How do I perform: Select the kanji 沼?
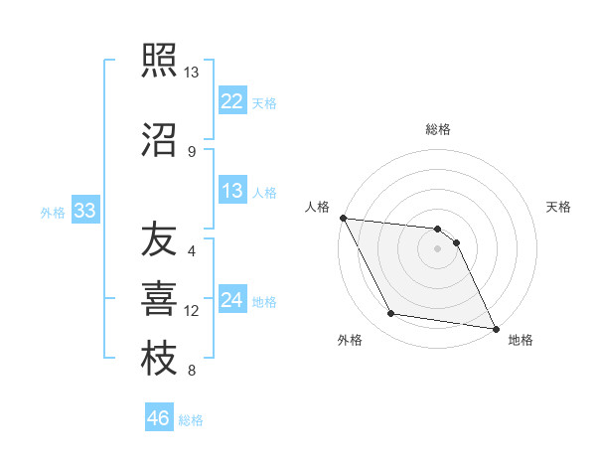(x=159, y=138)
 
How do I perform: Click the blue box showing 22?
(x=232, y=101)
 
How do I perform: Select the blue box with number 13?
(x=232, y=191)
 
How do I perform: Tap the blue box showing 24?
(x=232, y=300)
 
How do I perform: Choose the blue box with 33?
(x=84, y=211)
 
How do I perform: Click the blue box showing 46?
(x=159, y=417)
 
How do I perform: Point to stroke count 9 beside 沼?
(x=191, y=151)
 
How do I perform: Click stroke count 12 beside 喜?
(x=192, y=311)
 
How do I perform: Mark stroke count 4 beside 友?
(x=191, y=250)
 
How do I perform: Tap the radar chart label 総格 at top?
(x=438, y=129)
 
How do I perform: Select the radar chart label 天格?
(x=559, y=207)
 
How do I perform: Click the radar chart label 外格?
(x=350, y=340)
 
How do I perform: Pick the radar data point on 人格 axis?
(x=343, y=218)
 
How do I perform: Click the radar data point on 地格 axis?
(x=496, y=327)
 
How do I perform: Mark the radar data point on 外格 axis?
(x=391, y=314)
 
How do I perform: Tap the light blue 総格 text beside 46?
(x=191, y=420)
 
